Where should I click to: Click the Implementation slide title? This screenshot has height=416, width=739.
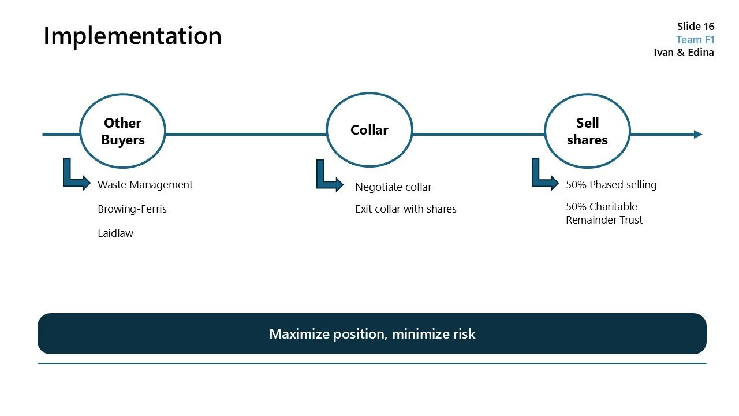tap(132, 36)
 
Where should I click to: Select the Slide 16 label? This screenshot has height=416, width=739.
tap(695, 27)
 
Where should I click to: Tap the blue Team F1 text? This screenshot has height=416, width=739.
tap(695, 40)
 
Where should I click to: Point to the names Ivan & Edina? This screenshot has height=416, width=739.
tap(684, 53)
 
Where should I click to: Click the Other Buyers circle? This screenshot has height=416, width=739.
tap(122, 131)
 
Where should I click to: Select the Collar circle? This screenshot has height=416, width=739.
tap(369, 131)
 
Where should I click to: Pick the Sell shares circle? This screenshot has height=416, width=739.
tap(587, 131)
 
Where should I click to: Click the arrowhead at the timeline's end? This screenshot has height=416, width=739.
tap(697, 135)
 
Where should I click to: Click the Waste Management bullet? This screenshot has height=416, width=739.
tap(145, 185)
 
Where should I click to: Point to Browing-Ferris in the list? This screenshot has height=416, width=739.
tap(132, 209)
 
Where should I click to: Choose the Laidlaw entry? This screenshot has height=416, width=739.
tap(115, 233)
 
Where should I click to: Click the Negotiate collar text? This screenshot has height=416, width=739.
tap(393, 187)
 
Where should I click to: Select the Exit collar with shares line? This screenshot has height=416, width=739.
tap(405, 209)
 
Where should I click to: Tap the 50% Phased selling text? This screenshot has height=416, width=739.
tap(611, 185)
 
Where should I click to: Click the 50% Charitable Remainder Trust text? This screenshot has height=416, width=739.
tap(604, 213)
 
